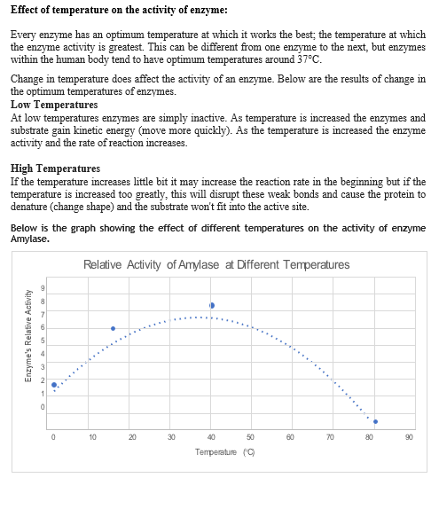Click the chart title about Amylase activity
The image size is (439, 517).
[216, 264]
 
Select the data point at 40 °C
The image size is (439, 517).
[212, 305]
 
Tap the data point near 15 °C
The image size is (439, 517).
[113, 328]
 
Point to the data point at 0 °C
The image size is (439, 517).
[54, 385]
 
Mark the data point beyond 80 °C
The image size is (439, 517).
[375, 421]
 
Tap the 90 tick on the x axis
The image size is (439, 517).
[409, 436]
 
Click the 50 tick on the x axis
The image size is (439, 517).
[251, 436]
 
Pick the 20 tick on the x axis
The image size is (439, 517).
[132, 436]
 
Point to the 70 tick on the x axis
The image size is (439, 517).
[330, 436]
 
